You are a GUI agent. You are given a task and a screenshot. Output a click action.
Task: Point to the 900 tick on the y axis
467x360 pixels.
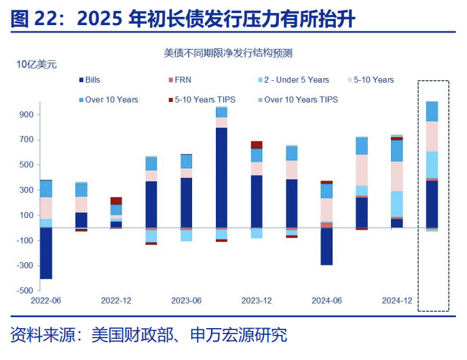click(x=26, y=115)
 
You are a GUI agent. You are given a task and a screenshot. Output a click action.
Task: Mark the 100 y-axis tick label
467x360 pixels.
click(x=26, y=215)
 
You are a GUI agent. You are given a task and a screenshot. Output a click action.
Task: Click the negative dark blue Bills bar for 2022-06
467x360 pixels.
click(x=46, y=253)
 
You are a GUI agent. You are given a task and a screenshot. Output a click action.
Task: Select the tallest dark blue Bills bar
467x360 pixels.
click(x=221, y=177)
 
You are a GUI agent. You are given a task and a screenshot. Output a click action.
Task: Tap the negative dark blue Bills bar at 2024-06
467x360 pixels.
click(x=326, y=246)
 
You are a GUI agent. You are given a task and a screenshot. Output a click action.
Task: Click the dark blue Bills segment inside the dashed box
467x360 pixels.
click(x=432, y=204)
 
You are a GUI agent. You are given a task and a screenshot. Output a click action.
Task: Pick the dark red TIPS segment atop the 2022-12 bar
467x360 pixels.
click(x=116, y=201)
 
